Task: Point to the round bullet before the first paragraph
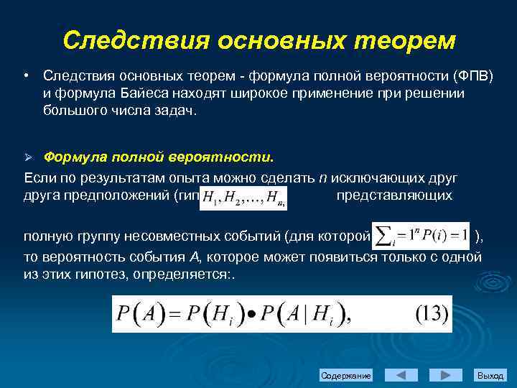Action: pyautogui.click(x=26, y=76)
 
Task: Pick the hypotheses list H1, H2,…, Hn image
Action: pyautogui.click(x=244, y=198)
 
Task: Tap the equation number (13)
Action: pyautogui.click(x=432, y=314)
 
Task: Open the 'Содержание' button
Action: pyautogui.click(x=346, y=376)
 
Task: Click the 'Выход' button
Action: pyautogui.click(x=490, y=376)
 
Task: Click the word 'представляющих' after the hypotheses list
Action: pyautogui.click(x=394, y=195)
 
